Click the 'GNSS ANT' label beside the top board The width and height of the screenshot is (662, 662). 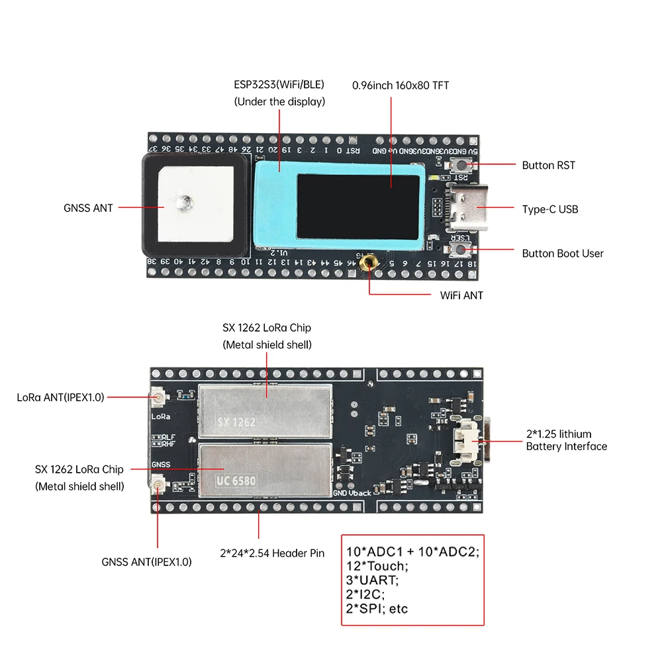[88, 208]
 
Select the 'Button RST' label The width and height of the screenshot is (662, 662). [548, 165]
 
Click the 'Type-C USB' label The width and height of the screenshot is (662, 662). [549, 209]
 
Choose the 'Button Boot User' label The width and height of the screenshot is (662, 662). [563, 253]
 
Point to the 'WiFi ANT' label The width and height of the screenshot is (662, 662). [461, 295]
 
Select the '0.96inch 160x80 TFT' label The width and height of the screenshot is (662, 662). [401, 85]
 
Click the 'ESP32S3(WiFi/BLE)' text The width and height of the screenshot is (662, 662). [279, 85]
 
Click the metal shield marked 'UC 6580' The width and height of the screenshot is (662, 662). [265, 470]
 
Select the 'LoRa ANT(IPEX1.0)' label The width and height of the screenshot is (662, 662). [60, 397]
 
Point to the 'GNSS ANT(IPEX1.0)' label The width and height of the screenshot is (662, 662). [146, 562]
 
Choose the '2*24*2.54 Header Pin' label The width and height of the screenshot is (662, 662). [272, 553]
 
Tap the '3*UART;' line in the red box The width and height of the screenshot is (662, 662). [373, 580]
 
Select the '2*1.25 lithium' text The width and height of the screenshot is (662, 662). [559, 434]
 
